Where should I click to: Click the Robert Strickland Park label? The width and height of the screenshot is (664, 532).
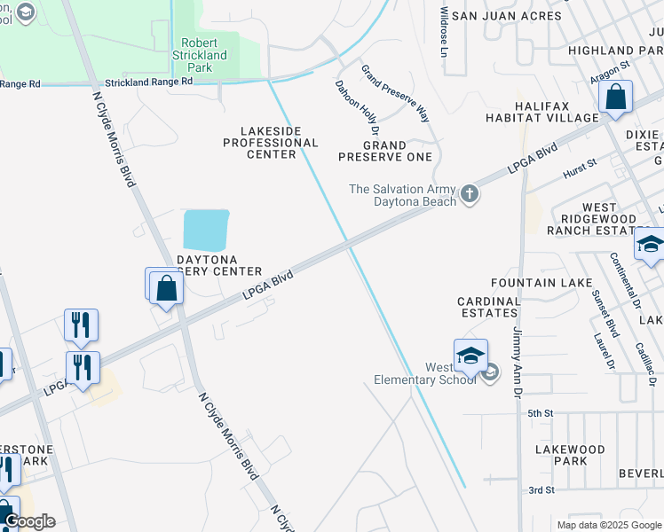pyautogui.click(x=204, y=55)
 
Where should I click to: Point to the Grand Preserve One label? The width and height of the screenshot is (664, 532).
pyautogui.click(x=385, y=151)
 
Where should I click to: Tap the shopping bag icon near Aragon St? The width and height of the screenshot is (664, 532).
pyautogui.click(x=616, y=98)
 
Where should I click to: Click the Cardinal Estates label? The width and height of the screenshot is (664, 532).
pyautogui.click(x=488, y=307)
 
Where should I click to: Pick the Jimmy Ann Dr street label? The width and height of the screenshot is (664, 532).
pyautogui.click(x=516, y=363)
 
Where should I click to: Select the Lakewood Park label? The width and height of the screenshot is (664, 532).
pyautogui.click(x=570, y=455)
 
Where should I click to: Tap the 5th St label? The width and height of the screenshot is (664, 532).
pyautogui.click(x=541, y=413)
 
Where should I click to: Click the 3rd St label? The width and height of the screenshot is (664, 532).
pyautogui.click(x=541, y=489)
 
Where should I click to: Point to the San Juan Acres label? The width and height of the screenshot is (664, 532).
pyautogui.click(x=506, y=16)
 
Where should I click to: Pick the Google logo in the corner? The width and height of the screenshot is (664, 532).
pyautogui.click(x=29, y=521)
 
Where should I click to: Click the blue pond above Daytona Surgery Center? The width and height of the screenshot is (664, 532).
pyautogui.click(x=206, y=230)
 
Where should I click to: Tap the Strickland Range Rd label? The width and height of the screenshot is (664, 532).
pyautogui.click(x=148, y=82)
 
